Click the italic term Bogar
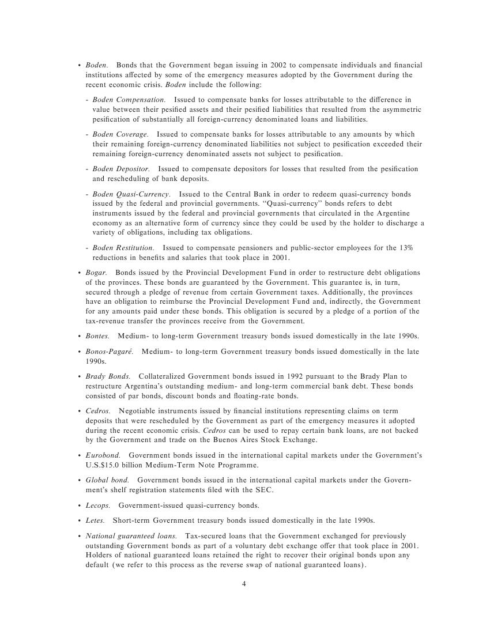click(96, 273)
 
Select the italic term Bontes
click(97, 336)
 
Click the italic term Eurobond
click(103, 455)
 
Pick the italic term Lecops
click(97, 505)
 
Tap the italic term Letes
click(95, 520)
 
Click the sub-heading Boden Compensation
click(129, 100)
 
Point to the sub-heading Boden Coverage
click(120, 134)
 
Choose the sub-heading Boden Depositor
click(121, 169)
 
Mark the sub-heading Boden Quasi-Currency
click(131, 194)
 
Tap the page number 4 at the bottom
click(244, 584)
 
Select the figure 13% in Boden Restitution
click(405, 248)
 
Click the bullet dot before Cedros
click(79, 411)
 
